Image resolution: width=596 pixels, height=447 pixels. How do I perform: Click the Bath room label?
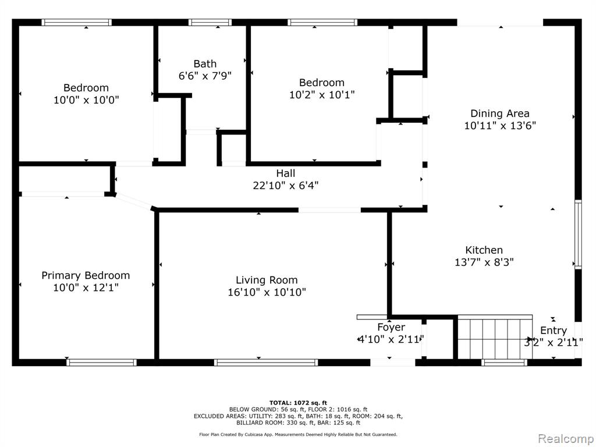(x=205, y=63)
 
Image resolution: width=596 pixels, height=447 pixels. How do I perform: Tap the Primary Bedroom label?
(x=86, y=275)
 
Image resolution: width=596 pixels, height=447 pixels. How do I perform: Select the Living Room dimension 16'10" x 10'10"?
(x=267, y=292)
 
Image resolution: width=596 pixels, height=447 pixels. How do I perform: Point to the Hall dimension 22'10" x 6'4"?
(x=285, y=186)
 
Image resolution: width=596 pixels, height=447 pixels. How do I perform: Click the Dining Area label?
(x=500, y=113)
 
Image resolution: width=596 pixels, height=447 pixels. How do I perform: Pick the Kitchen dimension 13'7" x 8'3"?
(x=484, y=262)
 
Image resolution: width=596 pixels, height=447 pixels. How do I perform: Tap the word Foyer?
(x=391, y=327)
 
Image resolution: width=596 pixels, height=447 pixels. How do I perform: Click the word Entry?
(x=554, y=331)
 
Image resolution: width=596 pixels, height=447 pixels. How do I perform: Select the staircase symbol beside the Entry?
(x=495, y=337)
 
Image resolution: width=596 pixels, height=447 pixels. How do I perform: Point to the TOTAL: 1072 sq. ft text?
(x=298, y=403)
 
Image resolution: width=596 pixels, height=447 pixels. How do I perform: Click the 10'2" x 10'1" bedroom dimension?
(x=322, y=94)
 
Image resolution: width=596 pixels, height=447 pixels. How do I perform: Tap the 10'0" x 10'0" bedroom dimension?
(x=86, y=100)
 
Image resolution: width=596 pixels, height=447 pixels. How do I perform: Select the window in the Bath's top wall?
(x=210, y=23)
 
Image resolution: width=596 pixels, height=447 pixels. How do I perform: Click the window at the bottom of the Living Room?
(x=265, y=363)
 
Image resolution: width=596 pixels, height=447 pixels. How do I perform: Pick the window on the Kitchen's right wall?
(x=578, y=234)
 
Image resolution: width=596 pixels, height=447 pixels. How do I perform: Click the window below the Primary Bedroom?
(x=101, y=363)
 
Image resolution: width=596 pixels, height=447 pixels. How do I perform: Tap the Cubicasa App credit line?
(x=298, y=434)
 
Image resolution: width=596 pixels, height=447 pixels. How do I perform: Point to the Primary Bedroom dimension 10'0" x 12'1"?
(x=86, y=288)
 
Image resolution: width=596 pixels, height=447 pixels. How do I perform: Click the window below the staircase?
(x=504, y=363)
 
